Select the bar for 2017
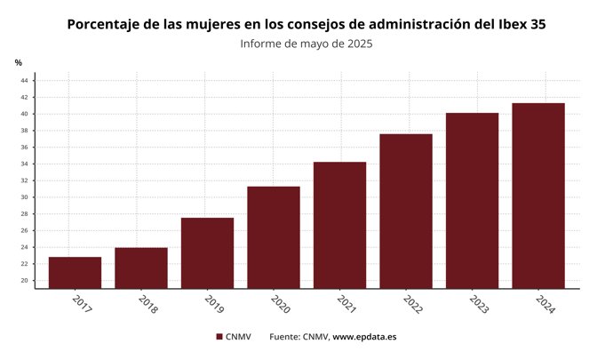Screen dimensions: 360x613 tap(75, 272)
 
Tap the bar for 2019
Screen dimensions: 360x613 tap(207, 252)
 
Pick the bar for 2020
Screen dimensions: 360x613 tap(274, 237)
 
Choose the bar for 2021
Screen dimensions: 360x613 tap(339, 225)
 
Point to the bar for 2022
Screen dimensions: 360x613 tap(406, 211)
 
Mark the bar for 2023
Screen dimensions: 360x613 tap(472, 200)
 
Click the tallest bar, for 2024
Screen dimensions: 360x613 tap(538, 196)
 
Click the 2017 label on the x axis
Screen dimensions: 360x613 tap(81, 304)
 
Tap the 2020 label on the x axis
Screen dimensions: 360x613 tap(280, 304)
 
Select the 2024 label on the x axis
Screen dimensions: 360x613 tap(545, 304)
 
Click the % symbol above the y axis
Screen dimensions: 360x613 tap(19, 62)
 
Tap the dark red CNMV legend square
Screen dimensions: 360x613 tap(219, 337)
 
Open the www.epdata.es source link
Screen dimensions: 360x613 tap(364, 337)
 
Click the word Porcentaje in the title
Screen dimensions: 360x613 tap(108, 24)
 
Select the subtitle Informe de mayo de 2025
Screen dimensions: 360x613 tap(306, 44)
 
